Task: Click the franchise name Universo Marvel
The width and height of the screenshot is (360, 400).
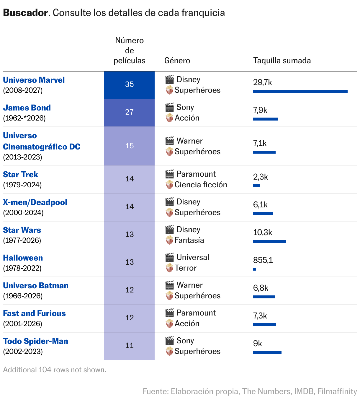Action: click(34, 80)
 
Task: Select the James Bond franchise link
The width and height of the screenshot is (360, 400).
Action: click(27, 108)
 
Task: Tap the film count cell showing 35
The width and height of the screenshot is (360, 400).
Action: click(129, 84)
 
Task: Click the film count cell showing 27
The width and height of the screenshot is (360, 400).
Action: click(129, 112)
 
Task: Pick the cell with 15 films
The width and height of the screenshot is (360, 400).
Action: click(129, 146)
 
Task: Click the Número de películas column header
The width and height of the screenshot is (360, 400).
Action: click(129, 51)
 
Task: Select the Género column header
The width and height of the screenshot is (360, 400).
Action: click(177, 61)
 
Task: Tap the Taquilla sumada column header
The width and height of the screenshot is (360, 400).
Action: click(282, 61)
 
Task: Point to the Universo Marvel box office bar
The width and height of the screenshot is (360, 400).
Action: click(300, 91)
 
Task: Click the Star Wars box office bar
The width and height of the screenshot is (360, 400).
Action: click(269, 241)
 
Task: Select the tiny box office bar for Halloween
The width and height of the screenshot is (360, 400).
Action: click(255, 269)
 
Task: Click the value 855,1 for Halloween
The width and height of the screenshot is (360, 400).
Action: click(263, 260)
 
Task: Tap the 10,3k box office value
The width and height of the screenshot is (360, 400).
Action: click(263, 232)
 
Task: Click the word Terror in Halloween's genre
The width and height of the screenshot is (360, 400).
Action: click(186, 268)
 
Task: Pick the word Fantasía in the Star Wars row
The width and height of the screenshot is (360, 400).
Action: click(189, 240)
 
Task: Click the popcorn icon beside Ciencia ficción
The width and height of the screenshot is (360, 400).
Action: click(169, 185)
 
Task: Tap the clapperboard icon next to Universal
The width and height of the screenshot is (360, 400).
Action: click(170, 257)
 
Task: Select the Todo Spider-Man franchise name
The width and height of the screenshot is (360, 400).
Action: click(36, 341)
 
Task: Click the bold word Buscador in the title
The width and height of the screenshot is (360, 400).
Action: click(25, 13)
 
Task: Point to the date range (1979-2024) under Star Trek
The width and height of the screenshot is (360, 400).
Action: click(22, 185)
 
